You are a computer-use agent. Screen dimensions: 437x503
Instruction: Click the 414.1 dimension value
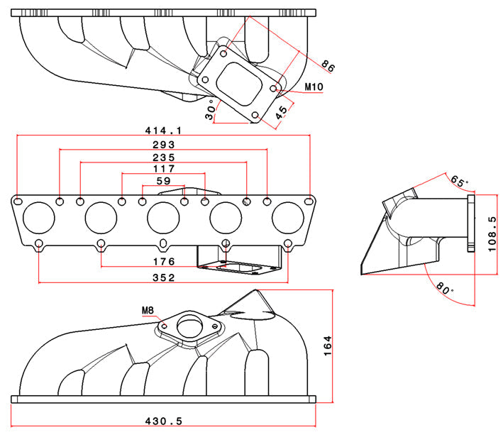click(x=163, y=130)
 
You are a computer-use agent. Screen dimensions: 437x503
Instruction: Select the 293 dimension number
click(x=163, y=145)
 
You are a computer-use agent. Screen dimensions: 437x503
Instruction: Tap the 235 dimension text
click(x=163, y=157)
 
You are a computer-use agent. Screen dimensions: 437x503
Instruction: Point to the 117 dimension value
click(x=163, y=170)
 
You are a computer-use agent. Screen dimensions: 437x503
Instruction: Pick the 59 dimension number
click(x=163, y=182)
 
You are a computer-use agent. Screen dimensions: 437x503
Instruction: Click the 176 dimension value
click(x=163, y=262)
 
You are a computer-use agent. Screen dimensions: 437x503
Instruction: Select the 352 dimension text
click(x=163, y=278)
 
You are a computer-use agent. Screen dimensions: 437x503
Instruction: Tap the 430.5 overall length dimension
click(x=163, y=421)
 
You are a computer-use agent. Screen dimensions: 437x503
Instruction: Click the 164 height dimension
click(x=344, y=345)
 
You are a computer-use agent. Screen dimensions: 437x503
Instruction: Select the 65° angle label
click(x=460, y=183)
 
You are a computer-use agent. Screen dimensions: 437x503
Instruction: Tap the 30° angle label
click(x=210, y=111)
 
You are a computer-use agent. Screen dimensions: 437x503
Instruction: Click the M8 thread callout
click(x=148, y=311)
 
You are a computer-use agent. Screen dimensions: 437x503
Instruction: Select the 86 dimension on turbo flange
click(x=328, y=66)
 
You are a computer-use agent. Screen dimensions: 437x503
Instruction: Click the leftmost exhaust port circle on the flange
click(x=38, y=217)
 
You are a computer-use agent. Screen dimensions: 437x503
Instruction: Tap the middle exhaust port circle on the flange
click(x=163, y=217)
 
